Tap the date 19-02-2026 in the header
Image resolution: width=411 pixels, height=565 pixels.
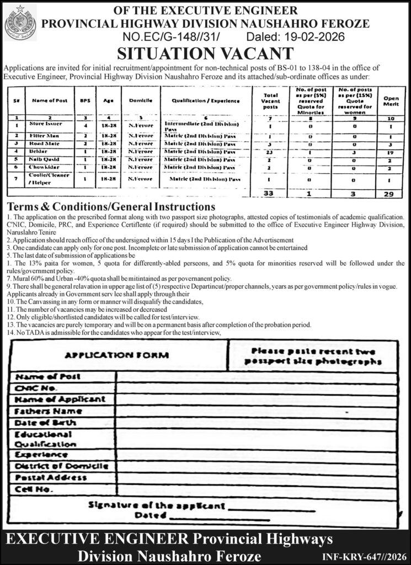(314, 37)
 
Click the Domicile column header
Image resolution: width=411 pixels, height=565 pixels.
(136, 101)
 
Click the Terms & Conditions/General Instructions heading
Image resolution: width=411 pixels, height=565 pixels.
(108, 207)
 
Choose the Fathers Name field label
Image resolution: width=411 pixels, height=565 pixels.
(49, 411)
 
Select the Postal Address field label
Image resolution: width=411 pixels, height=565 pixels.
(51, 477)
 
